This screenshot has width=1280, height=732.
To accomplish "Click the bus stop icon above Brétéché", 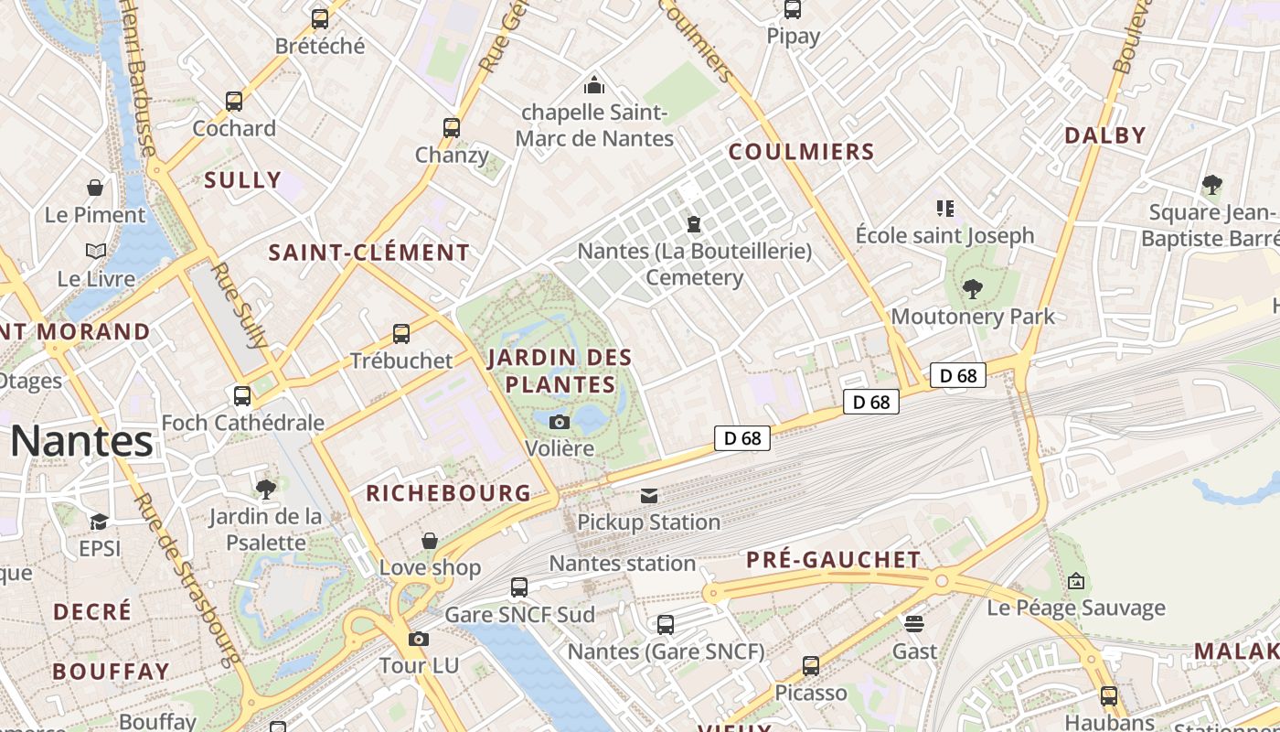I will pos(319,18).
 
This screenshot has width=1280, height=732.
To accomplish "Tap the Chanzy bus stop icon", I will pos(452,127).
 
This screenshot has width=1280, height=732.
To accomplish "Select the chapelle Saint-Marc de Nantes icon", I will pos(594,85).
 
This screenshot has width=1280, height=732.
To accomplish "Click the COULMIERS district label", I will pos(801,152).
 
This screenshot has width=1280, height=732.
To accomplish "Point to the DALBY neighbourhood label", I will pos(1104,135).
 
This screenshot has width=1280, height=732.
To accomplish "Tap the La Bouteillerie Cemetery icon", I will pos(694,223).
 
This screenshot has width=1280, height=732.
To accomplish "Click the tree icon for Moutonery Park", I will pos(973,289).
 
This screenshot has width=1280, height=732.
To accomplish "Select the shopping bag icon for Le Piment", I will pos(95,188).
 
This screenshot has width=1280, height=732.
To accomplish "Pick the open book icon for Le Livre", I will pos(96,251).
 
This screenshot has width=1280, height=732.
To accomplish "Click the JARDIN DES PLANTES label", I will pos(560,370).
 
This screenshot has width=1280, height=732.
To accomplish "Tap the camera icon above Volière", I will pos(560,422).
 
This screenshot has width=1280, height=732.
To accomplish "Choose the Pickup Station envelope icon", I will pos(649,495).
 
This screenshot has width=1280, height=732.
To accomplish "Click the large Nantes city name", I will pos(82,441).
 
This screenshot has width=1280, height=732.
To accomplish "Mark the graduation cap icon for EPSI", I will pos(99,522).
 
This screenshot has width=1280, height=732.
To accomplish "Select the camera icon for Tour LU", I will pos(419,639).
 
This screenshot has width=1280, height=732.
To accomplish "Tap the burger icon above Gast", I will pos(914,623).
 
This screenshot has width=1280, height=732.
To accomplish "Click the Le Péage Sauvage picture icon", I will pos(1076,580).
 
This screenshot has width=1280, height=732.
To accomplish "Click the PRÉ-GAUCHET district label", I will pos(834,559).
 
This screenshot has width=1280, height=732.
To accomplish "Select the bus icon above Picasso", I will pos(811,665).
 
